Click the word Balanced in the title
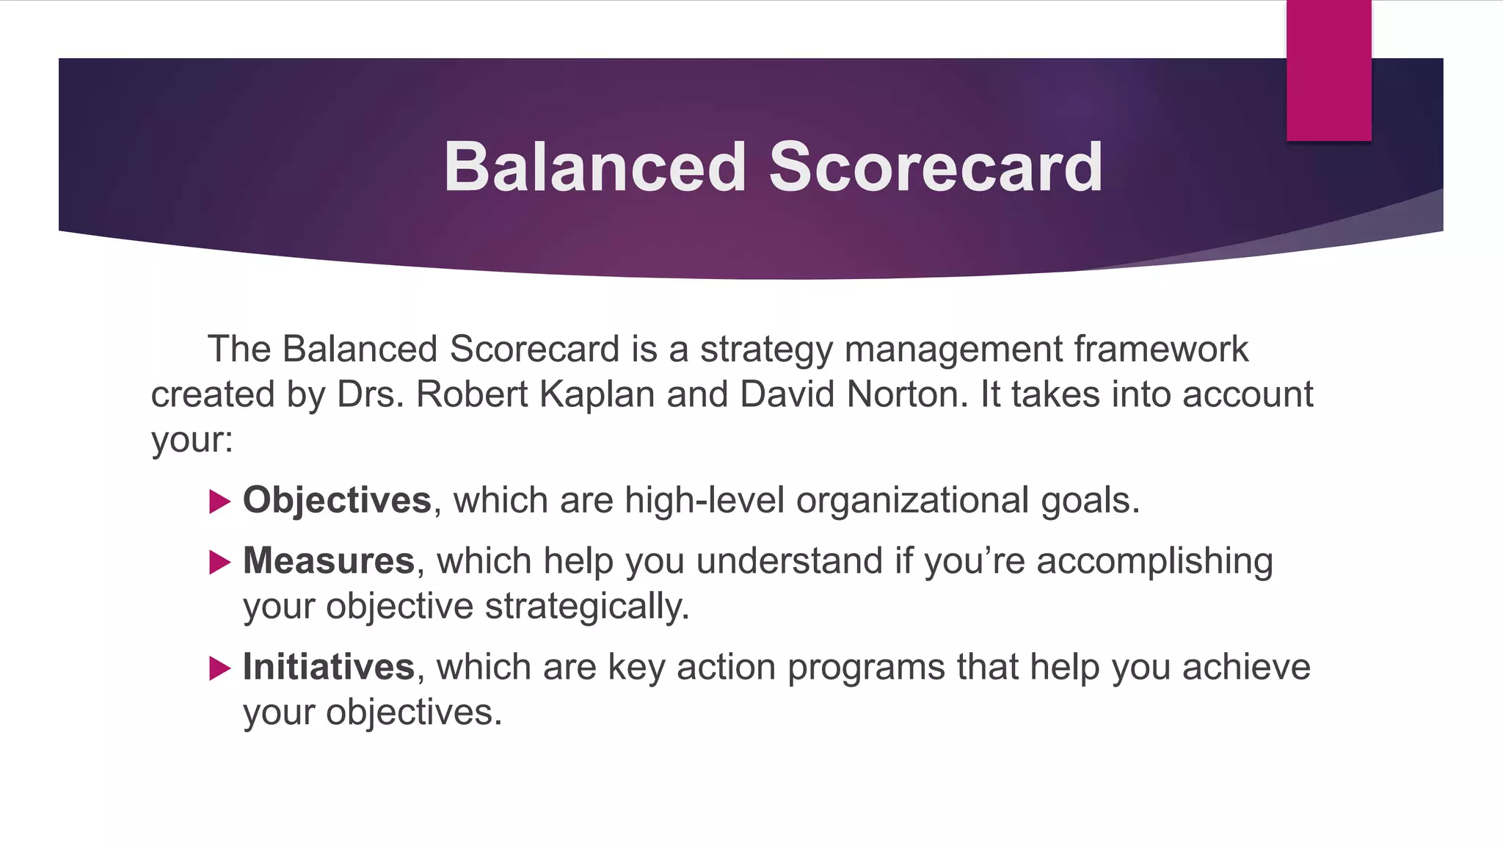click(594, 167)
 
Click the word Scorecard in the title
click(935, 167)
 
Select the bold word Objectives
click(337, 501)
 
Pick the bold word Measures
click(329, 561)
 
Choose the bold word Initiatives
click(329, 668)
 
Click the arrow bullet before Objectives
click(219, 502)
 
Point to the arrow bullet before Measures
click(219, 563)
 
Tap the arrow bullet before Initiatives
click(219, 668)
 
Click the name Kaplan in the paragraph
click(597, 395)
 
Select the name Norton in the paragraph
click(902, 395)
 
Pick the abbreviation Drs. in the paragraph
click(371, 395)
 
